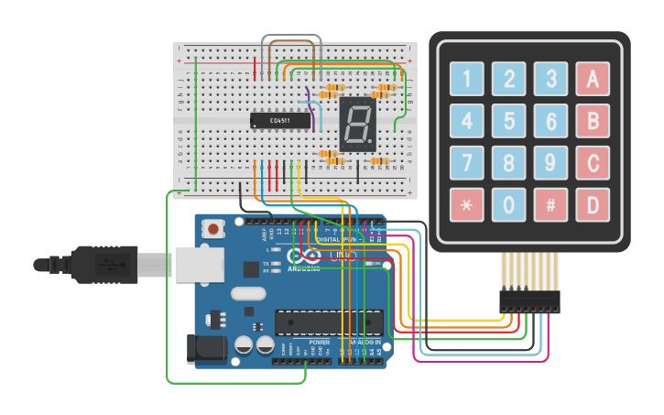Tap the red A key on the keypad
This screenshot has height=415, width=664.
593,79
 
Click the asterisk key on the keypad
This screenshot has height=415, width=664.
466,204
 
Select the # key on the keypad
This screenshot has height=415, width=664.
550,204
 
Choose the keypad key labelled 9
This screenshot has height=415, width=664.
550,163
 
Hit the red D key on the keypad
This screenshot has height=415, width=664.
593,204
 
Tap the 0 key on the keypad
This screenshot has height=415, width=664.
508,204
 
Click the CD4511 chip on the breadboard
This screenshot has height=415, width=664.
280,120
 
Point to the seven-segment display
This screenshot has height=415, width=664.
358,123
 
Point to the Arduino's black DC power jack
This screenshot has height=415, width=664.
206,349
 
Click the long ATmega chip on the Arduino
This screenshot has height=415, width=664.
328,322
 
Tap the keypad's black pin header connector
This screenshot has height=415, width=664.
529,300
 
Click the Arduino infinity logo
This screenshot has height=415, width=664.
304,258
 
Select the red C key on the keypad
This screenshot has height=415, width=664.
593,163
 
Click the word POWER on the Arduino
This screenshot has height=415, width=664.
320,343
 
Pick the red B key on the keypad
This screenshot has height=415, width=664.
593,121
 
